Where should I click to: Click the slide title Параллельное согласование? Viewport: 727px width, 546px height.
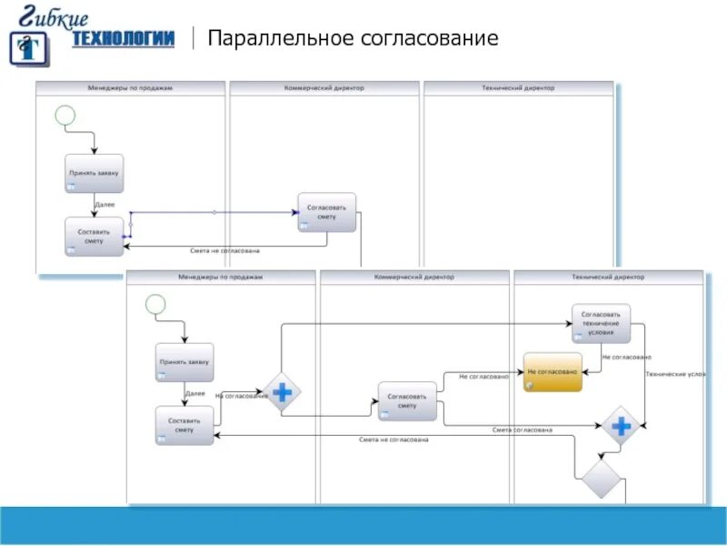click(x=353, y=38)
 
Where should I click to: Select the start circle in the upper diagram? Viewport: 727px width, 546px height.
click(x=65, y=116)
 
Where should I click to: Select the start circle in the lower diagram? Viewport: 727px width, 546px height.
click(x=155, y=304)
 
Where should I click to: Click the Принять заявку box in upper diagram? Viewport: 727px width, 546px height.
click(x=94, y=173)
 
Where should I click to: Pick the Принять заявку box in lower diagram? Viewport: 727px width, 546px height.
click(x=184, y=361)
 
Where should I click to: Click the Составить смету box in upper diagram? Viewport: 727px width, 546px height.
click(x=94, y=237)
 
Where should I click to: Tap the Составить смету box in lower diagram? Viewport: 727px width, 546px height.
click(x=184, y=425)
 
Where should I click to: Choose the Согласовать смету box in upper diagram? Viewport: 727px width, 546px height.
click(x=327, y=212)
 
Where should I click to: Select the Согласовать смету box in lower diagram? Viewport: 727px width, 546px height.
click(x=407, y=401)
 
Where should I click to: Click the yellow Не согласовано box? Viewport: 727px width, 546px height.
click(x=553, y=372)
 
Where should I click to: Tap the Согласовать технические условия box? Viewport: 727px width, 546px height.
click(x=601, y=324)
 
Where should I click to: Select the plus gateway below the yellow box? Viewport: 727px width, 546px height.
click(x=622, y=426)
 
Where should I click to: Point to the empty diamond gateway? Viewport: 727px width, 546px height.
click(x=601, y=478)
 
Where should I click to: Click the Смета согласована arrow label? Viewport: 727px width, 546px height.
click(x=523, y=430)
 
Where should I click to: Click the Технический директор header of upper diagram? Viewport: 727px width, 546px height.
click(x=518, y=88)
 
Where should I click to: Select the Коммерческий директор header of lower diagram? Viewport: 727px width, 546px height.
click(x=414, y=277)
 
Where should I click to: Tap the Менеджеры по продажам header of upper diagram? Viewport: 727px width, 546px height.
click(x=130, y=88)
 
